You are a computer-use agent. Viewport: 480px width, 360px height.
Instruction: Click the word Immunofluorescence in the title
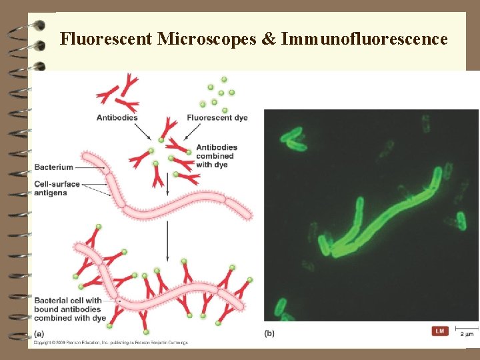365,39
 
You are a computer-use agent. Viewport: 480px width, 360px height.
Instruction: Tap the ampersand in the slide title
268,39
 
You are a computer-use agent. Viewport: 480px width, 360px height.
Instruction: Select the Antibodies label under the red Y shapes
117,118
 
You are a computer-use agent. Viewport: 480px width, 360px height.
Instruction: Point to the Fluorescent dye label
217,118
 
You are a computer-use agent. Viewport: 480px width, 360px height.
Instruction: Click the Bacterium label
54,167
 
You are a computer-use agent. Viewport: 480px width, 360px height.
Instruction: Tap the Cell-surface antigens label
57,189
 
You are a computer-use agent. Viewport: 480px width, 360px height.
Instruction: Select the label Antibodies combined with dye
217,156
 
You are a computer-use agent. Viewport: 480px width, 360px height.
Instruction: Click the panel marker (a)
39,333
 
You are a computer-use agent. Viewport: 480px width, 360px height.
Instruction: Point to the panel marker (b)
269,333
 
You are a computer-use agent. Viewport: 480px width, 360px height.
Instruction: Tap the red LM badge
440,331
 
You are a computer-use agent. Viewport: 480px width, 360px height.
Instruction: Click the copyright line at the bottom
110,343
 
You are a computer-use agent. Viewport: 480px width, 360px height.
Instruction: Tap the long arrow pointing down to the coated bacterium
167,240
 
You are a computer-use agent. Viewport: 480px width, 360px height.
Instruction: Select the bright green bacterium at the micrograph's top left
293,139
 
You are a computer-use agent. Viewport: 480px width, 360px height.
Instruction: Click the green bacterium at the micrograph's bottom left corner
283,309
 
